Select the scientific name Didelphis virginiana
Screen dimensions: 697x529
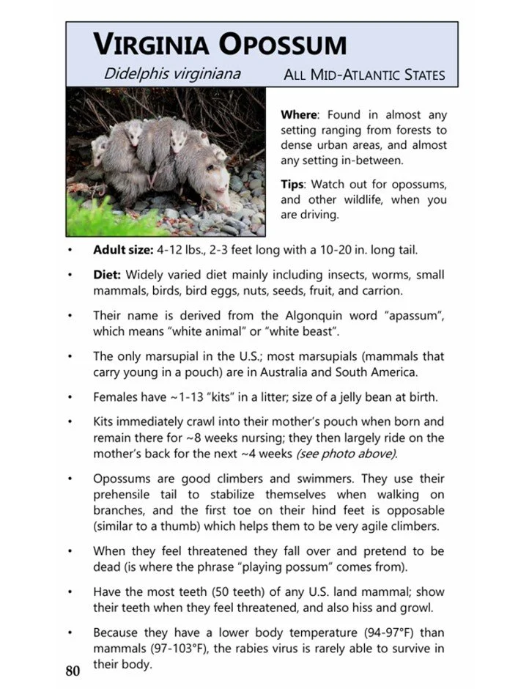pyautogui.click(x=172, y=74)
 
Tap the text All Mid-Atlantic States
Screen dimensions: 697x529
pyautogui.click(x=364, y=75)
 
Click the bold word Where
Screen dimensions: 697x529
pyautogui.click(x=298, y=115)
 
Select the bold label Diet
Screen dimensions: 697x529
pyautogui.click(x=108, y=275)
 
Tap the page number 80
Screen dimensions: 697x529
pyautogui.click(x=73, y=671)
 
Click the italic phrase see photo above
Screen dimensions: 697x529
pyautogui.click(x=346, y=454)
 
